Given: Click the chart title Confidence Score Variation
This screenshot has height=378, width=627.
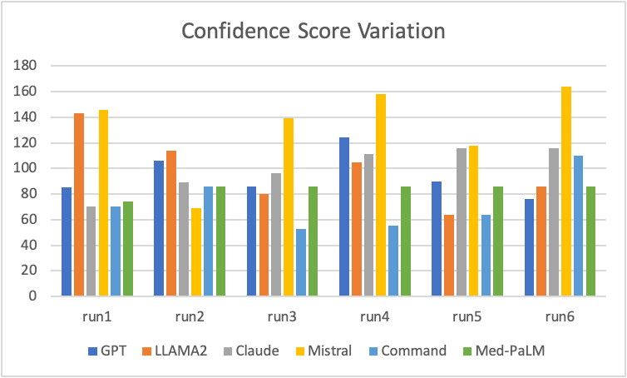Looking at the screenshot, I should [313, 32].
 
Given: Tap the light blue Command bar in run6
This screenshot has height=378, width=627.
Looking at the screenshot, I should [579, 226].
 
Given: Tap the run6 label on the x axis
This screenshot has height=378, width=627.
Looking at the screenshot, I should [555, 317].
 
